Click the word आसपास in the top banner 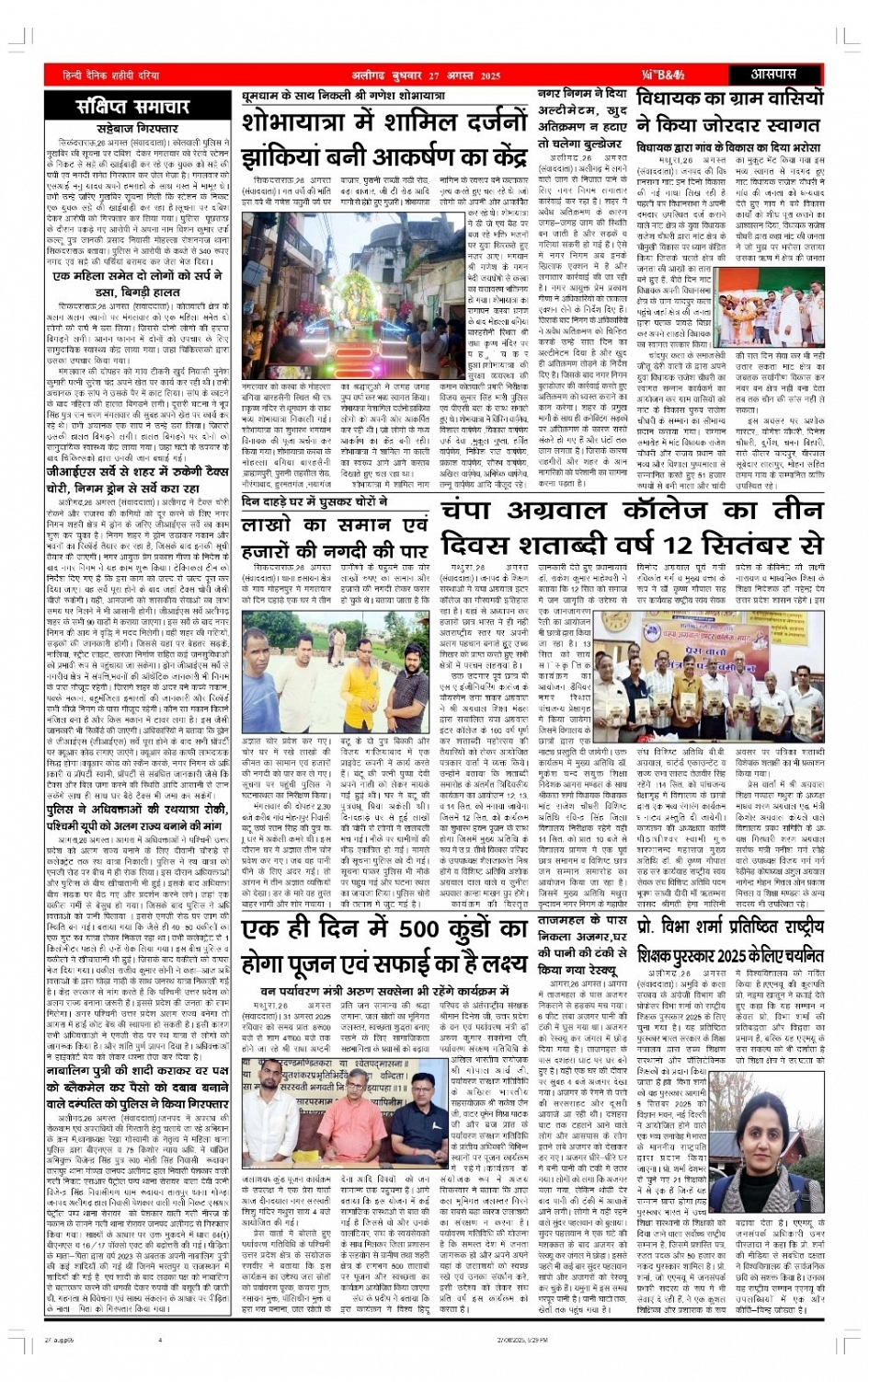coord(773,75)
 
